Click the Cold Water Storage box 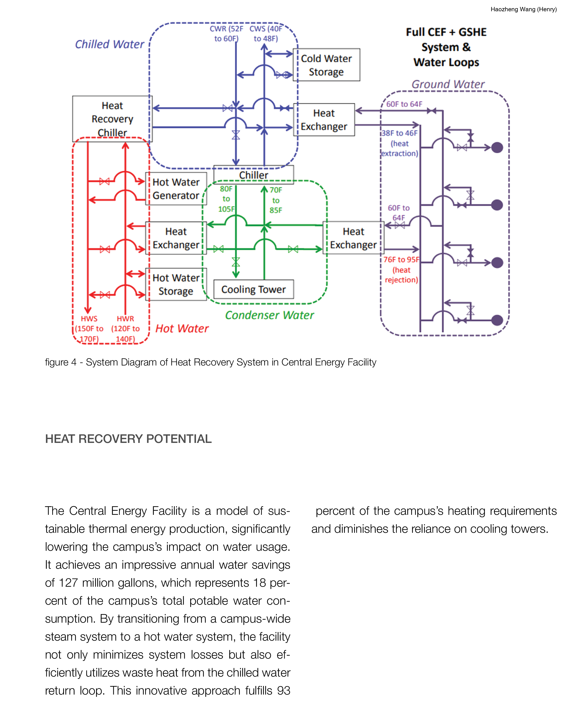(x=326, y=65)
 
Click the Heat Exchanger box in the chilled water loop (x=324, y=120)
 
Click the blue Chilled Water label (x=109, y=44)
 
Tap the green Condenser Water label (x=269, y=315)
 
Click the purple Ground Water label (x=448, y=84)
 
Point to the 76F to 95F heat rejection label (x=401, y=269)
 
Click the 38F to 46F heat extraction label (x=399, y=143)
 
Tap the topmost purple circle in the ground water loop (x=497, y=147)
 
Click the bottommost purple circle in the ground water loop (x=497, y=320)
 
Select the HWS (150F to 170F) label (x=89, y=329)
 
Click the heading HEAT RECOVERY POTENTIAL (x=128, y=439)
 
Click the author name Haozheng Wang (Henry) (x=523, y=9)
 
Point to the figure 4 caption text (x=210, y=362)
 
